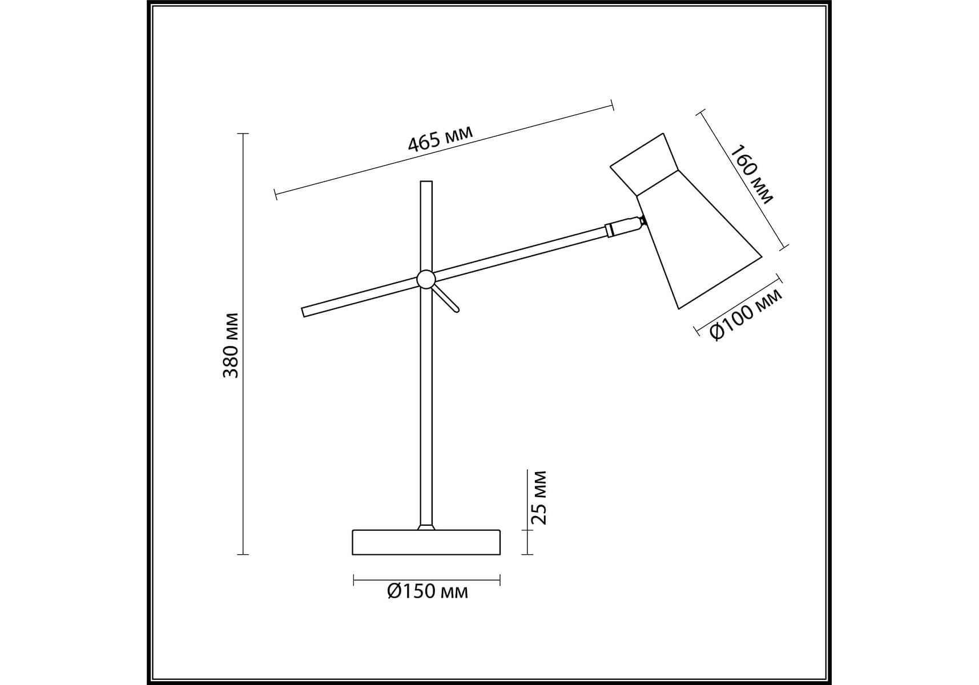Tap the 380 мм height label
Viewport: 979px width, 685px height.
(231, 345)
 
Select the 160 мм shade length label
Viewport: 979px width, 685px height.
(752, 174)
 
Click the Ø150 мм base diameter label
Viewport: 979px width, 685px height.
(427, 591)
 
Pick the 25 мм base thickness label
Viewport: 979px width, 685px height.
(538, 497)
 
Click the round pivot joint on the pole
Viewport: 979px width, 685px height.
(425, 279)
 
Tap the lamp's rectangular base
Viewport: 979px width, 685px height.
(426, 542)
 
